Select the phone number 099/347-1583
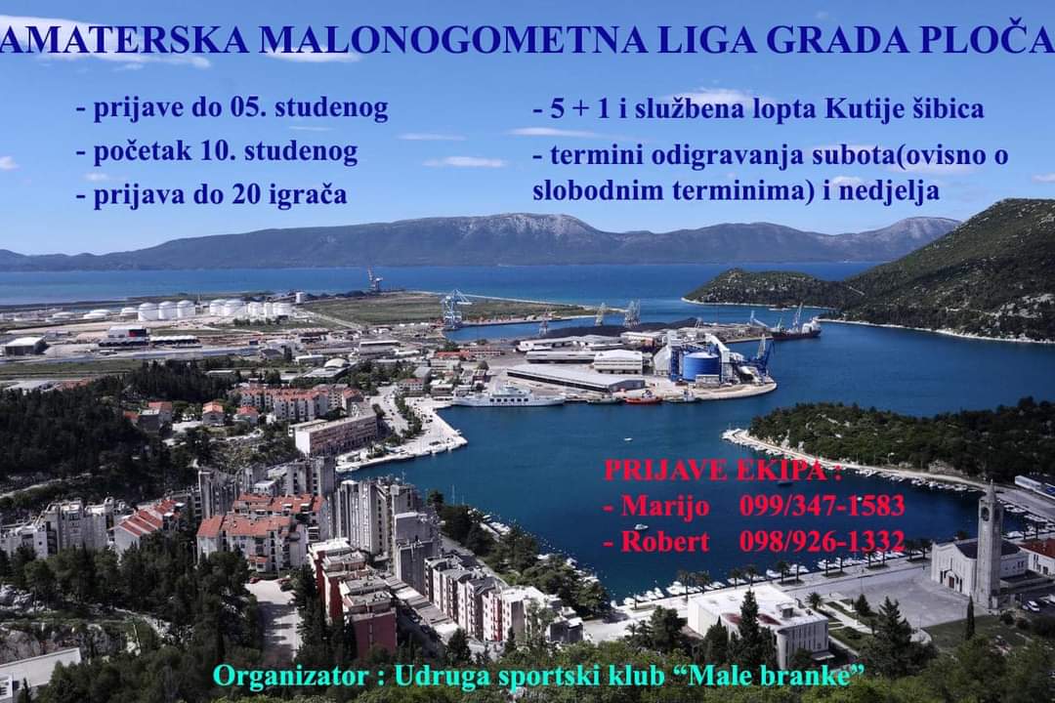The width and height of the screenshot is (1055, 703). [x=822, y=505]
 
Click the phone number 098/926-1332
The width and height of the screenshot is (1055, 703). [x=822, y=540]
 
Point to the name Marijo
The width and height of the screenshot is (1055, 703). [x=665, y=507]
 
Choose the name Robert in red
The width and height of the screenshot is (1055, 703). [x=665, y=541]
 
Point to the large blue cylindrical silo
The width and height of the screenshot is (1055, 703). [x=701, y=364]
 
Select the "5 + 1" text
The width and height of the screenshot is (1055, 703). [x=579, y=109]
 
